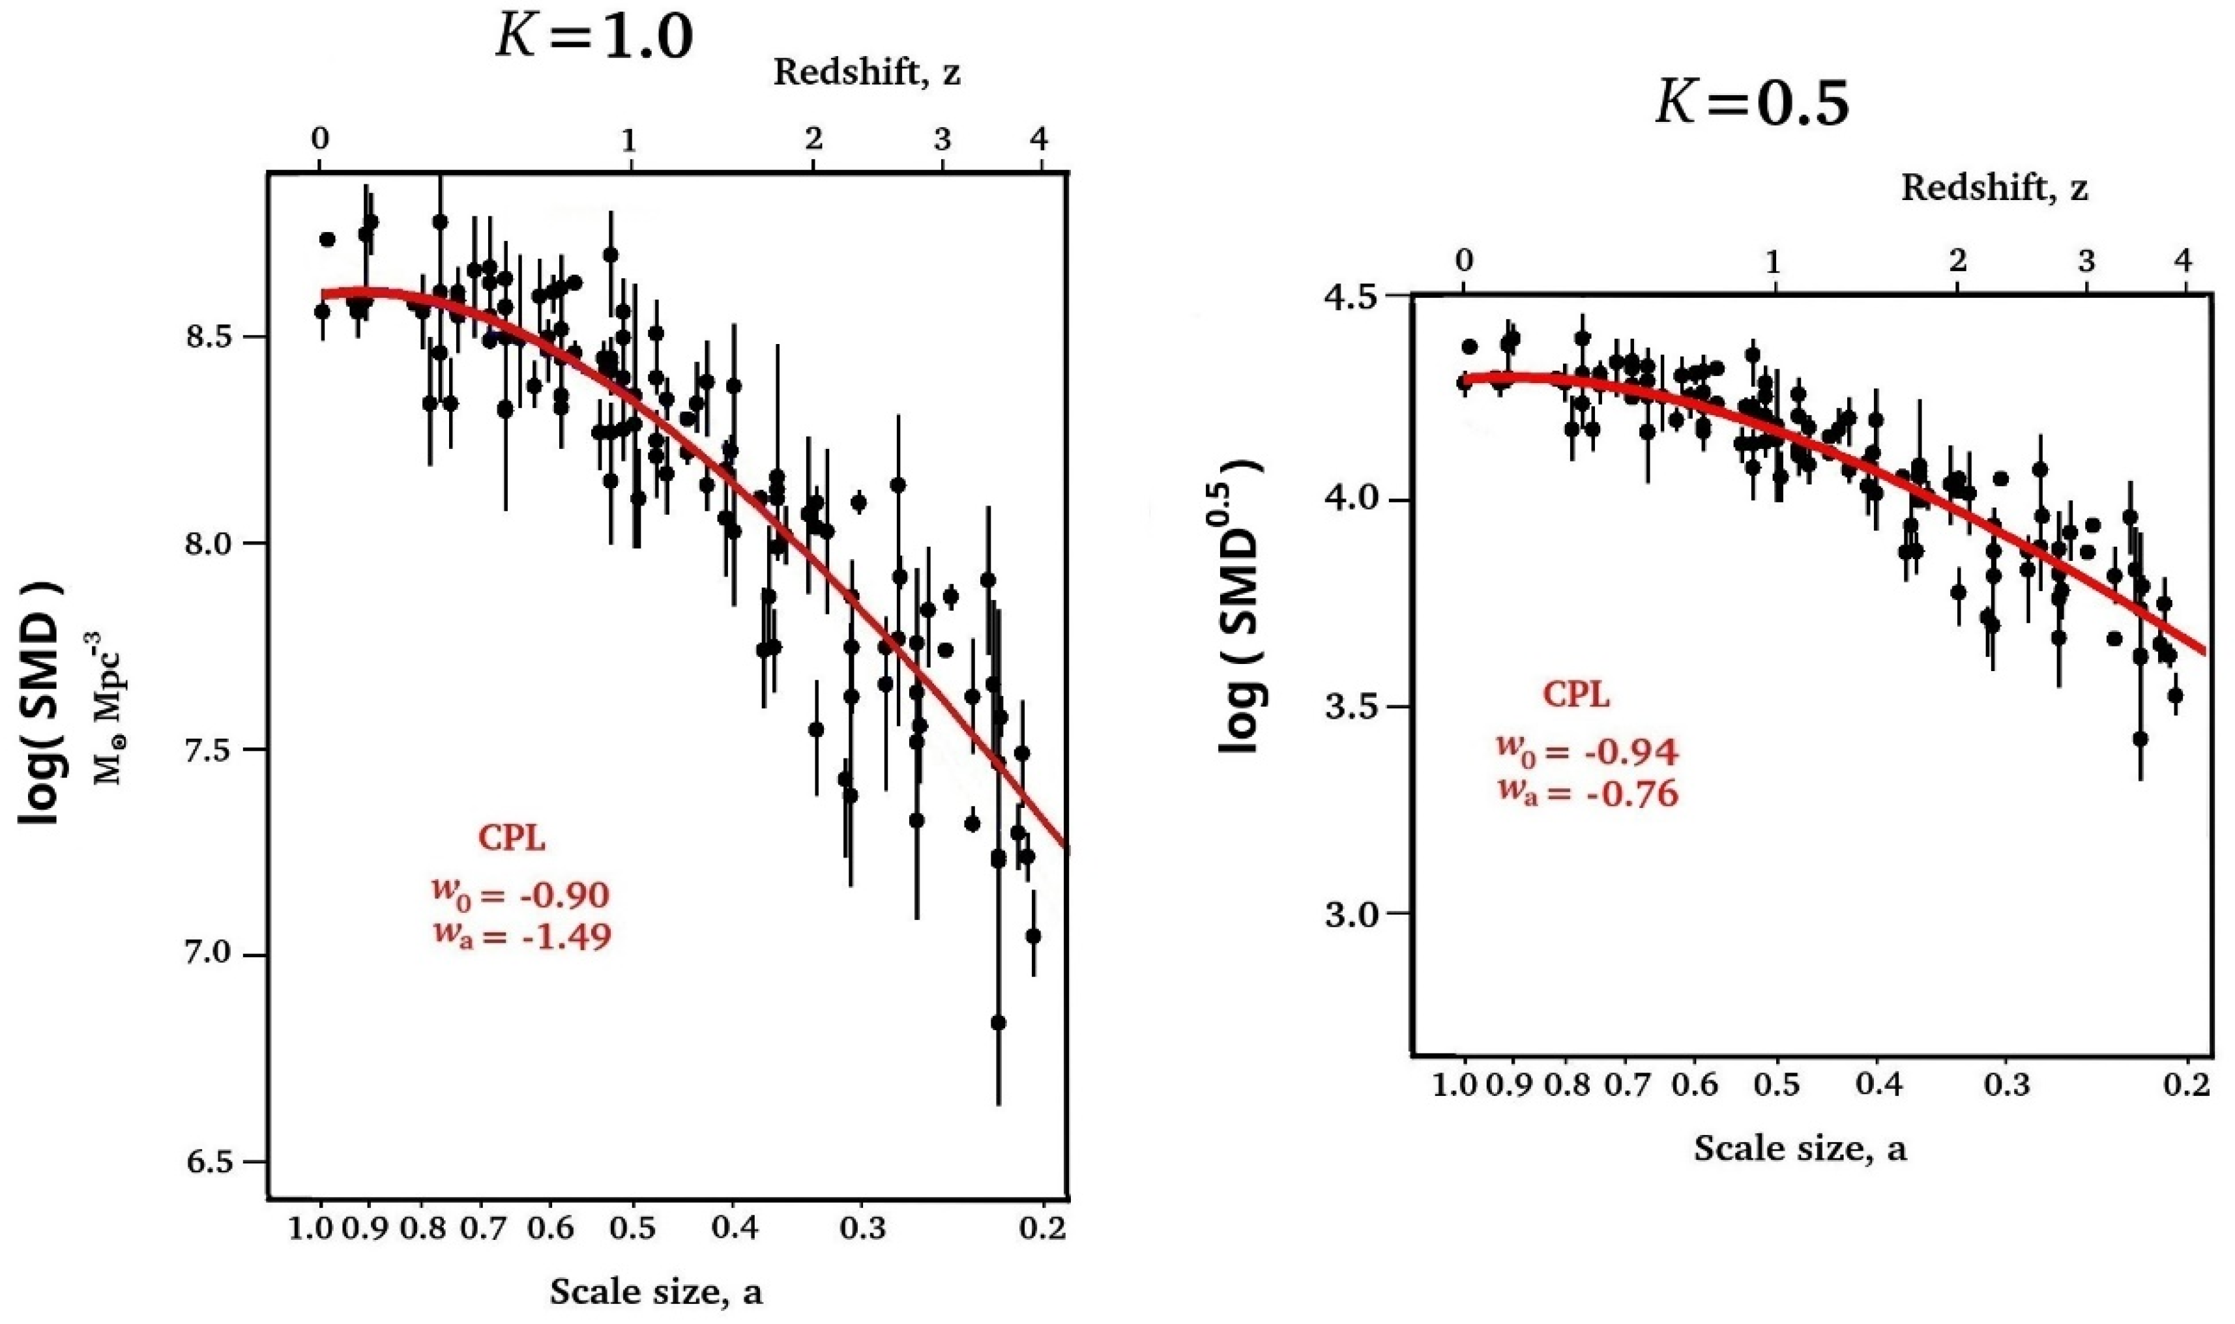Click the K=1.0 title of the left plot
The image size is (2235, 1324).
(x=593, y=38)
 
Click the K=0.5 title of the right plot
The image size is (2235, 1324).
(x=1752, y=104)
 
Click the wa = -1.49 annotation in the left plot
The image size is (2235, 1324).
(x=523, y=936)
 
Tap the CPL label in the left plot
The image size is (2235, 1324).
(x=511, y=839)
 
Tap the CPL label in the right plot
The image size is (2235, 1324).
(x=1577, y=695)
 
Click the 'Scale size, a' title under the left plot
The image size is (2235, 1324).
(x=656, y=1292)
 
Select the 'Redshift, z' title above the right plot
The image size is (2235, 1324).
(x=1994, y=188)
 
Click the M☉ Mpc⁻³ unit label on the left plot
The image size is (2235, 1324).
(x=111, y=710)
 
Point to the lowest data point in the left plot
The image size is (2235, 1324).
(x=999, y=1022)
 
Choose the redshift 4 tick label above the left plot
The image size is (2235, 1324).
(x=1038, y=139)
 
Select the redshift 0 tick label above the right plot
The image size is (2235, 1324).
(x=1463, y=261)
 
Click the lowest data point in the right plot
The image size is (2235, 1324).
(x=2140, y=739)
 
